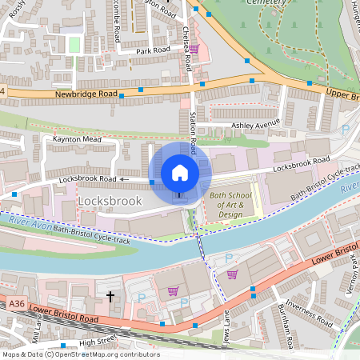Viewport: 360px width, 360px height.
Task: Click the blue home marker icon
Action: tap(180, 173)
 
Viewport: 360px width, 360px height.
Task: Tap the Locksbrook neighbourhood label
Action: tap(110, 201)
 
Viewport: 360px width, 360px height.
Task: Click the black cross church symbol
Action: tap(110, 297)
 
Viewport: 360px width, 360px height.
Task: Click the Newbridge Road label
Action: tap(86, 94)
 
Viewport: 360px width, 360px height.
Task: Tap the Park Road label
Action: tap(153, 50)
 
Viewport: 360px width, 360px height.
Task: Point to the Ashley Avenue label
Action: tap(255, 124)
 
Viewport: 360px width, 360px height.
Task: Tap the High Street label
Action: tap(98, 342)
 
